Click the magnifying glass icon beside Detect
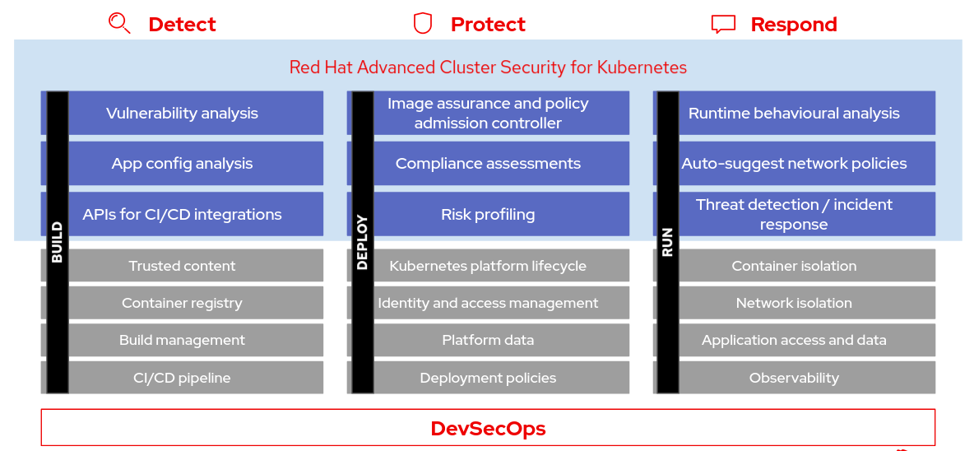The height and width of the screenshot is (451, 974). pos(119,24)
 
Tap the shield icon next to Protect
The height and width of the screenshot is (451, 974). pos(422,24)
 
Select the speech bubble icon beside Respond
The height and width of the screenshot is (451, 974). pos(722,25)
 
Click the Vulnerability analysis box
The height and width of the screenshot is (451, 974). pos(183,114)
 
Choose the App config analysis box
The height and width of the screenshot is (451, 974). pos(183,164)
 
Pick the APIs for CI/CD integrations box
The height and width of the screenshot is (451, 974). pos(183,215)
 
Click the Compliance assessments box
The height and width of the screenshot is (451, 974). pos(488,164)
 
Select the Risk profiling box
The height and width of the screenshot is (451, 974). pos(488,215)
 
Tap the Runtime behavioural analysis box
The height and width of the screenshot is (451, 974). pos(794,114)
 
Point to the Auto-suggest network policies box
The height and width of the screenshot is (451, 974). pos(794,164)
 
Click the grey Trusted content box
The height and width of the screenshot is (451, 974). pos(183,266)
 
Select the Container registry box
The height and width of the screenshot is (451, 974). pos(183,303)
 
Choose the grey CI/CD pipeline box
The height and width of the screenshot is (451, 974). pos(183,379)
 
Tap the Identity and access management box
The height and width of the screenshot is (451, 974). pos(488,303)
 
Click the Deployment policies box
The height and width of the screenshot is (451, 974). pos(488,379)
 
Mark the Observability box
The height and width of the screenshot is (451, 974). pos(794,379)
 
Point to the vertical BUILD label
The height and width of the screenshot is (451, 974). pos(58,243)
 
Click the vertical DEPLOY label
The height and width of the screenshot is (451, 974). pos(363,243)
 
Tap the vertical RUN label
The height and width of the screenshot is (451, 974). pos(667,243)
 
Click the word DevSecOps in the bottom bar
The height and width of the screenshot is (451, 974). pos(488,428)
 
